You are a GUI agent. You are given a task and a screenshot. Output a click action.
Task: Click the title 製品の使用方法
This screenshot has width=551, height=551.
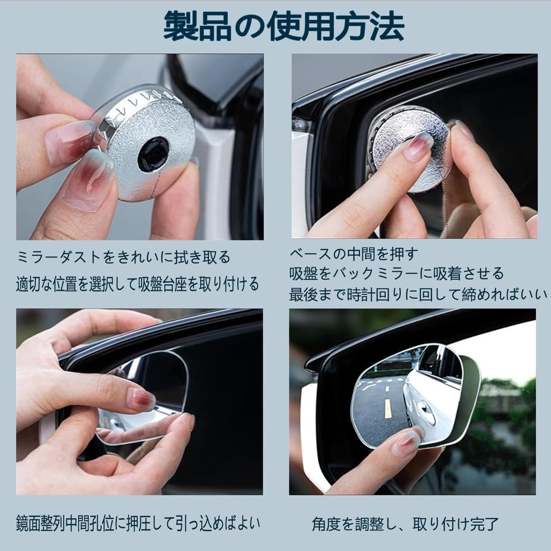tap(284, 27)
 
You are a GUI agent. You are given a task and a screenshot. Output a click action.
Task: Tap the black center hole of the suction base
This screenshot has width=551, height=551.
tap(153, 154)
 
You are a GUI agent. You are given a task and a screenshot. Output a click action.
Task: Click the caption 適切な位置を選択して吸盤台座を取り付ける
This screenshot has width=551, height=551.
tap(138, 283)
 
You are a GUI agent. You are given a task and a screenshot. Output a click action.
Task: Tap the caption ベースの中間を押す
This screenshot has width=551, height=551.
tap(354, 253)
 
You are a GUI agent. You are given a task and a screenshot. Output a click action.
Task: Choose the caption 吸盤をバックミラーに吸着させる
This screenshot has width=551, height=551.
tap(397, 273)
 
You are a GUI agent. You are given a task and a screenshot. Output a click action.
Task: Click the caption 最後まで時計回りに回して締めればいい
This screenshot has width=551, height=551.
tap(418, 294)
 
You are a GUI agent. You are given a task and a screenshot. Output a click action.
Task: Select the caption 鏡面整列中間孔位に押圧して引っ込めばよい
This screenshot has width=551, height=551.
tap(138, 522)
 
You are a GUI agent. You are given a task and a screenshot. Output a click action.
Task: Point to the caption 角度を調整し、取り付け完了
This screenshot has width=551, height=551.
tap(405, 523)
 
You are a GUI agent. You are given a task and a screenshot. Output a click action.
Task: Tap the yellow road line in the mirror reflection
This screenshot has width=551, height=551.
tap(387, 409)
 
